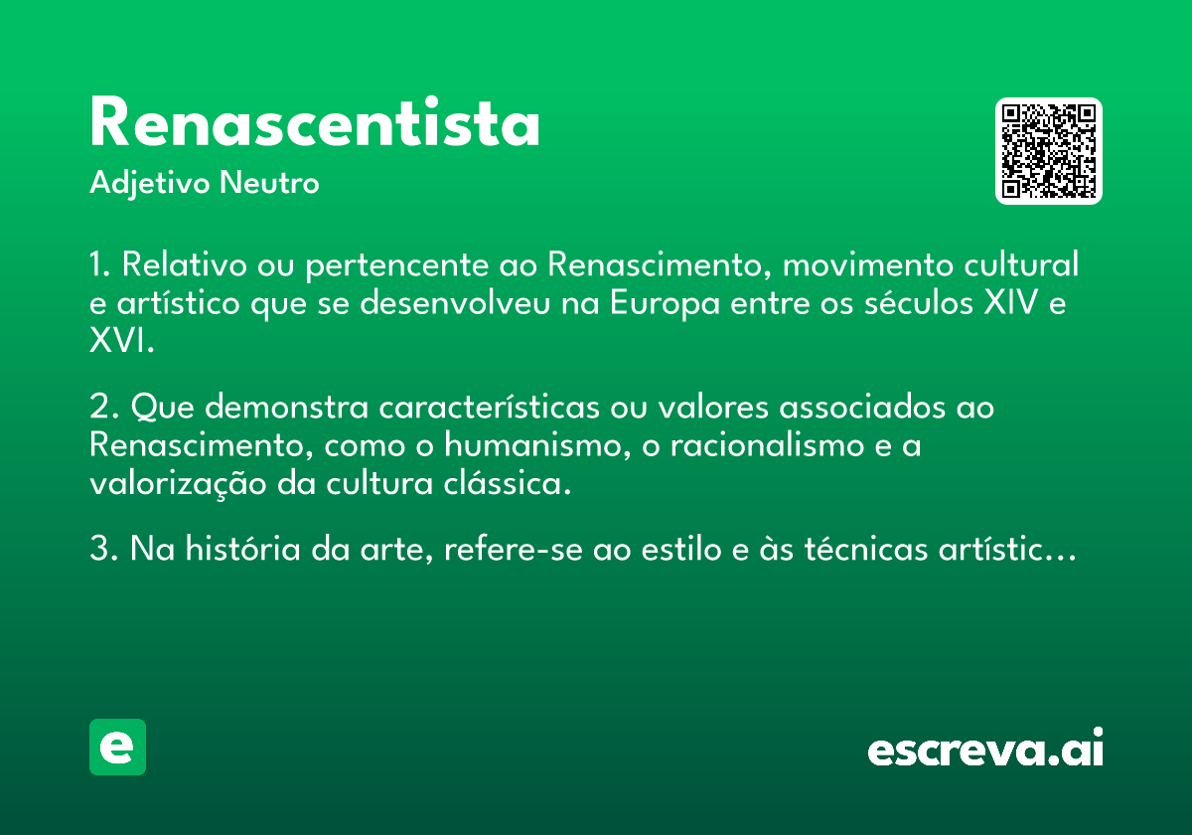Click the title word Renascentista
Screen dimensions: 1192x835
[x=315, y=121]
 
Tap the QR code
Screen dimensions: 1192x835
[x=1048, y=151]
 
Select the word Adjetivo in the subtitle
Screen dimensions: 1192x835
[x=150, y=184]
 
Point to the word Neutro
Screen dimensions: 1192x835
[x=269, y=182]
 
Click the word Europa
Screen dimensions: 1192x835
[x=665, y=304]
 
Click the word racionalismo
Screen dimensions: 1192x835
[x=767, y=445]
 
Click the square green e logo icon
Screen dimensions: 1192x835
[x=117, y=747]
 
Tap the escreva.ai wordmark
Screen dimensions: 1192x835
[x=985, y=748]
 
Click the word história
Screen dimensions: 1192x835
[x=243, y=549]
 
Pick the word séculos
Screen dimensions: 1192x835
[x=919, y=302]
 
